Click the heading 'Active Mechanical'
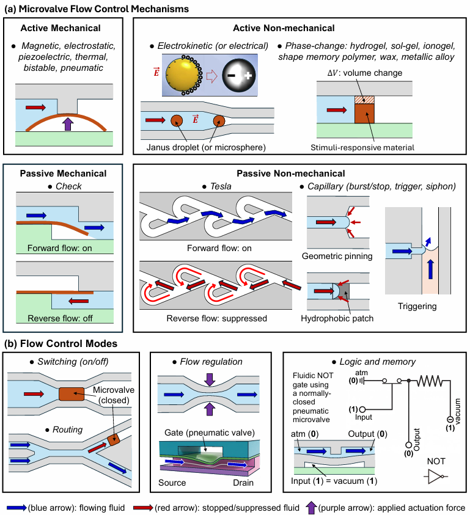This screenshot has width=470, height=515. point(61,28)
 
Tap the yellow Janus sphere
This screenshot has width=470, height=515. point(183,75)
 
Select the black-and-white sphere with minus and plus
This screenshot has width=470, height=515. point(239,75)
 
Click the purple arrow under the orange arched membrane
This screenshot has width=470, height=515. point(68,124)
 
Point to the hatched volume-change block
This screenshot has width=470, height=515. point(364,100)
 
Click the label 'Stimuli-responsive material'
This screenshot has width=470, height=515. point(362,147)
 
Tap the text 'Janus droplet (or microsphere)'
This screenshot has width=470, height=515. point(206,147)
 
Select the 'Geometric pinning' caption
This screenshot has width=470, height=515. point(337,256)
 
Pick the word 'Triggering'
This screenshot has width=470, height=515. point(417,307)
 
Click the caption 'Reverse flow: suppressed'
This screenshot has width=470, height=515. point(216,318)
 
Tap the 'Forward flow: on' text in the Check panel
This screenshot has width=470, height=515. point(59,248)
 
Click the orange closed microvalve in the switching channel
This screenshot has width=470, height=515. point(72,394)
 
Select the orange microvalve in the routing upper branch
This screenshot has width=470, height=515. point(114,439)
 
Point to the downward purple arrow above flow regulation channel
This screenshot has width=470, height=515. point(210,379)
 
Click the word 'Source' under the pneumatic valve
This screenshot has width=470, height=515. point(172,483)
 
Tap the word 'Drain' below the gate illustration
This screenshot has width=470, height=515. point(243,483)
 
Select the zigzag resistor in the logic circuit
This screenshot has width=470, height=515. point(430,381)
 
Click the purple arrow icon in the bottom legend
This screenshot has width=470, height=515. point(311,508)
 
